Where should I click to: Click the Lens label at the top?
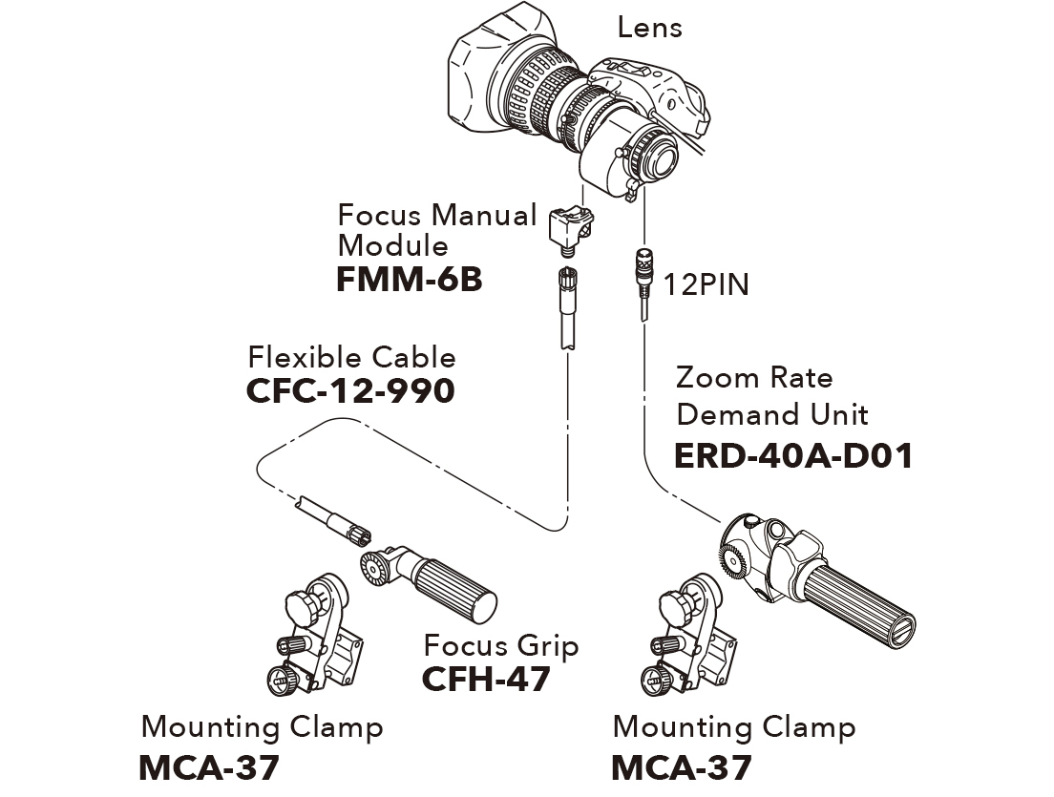[x=649, y=27]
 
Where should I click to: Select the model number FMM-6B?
[x=409, y=281]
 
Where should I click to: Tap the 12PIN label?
[x=707, y=284]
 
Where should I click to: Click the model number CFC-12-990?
[x=350, y=391]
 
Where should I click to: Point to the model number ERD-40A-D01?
[x=793, y=455]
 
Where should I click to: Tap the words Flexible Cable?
[x=351, y=358]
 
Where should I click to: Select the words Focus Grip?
[x=501, y=645]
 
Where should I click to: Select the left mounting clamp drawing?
[x=324, y=640]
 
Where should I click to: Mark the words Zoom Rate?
[x=753, y=378]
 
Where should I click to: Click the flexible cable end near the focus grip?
[x=337, y=521]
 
